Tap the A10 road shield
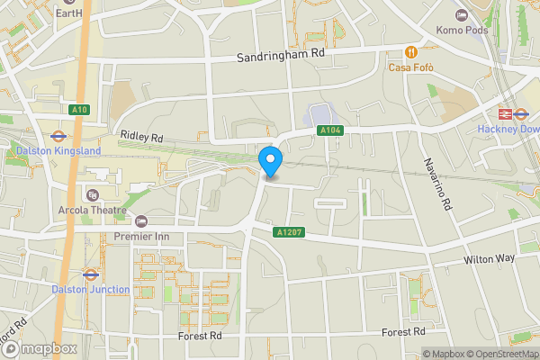tap(78, 110)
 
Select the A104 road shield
tap(329, 131)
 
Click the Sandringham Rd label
tap(280, 56)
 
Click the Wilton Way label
tap(489, 259)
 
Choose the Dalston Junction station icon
tap(90, 274)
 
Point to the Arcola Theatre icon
tap(91, 195)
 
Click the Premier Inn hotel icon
tap(140, 221)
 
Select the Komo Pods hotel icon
tap(462, 15)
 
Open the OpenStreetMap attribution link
tap(500, 354)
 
